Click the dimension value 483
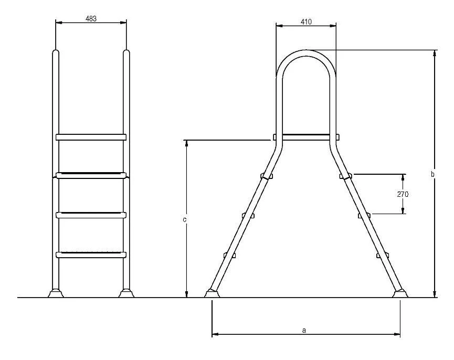pos(91,18)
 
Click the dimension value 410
pos(306,22)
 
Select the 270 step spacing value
pos(403,194)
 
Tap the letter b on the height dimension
pos(432,174)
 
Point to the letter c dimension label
pos(185,219)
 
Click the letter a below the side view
pos(304,330)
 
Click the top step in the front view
pos(91,137)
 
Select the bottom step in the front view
pos(91,255)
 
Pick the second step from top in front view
pos(91,175)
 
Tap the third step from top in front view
pos(91,215)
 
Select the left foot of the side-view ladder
pos(211,293)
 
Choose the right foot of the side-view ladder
pos(400,293)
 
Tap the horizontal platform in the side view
pos(306,137)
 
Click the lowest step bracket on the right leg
pos(381,255)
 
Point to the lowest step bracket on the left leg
pos(229,255)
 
